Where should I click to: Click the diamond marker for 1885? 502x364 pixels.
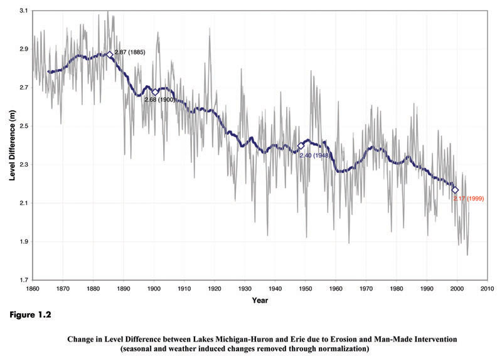110,55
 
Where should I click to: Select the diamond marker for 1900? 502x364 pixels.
155,92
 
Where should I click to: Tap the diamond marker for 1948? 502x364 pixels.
301,146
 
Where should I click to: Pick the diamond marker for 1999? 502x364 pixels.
455,190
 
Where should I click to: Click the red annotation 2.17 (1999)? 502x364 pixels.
468,199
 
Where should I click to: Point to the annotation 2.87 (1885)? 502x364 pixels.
130,52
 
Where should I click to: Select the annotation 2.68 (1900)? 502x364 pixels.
159,99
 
